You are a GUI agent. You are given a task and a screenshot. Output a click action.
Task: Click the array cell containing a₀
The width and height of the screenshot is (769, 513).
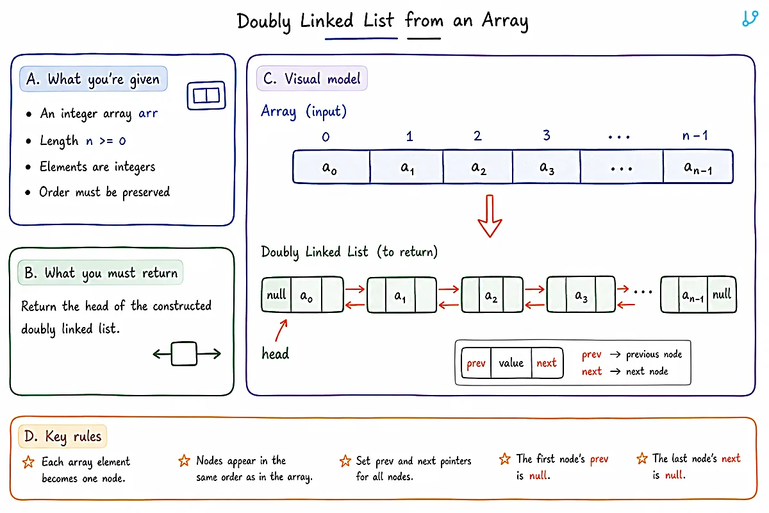pyautogui.click(x=332, y=167)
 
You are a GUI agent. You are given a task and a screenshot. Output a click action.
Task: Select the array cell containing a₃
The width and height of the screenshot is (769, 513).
pyautogui.click(x=546, y=167)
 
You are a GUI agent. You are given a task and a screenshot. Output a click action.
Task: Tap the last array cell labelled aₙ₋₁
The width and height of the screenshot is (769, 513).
pyautogui.click(x=698, y=167)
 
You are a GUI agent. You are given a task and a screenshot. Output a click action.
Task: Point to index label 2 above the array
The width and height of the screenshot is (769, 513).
pyautogui.click(x=477, y=136)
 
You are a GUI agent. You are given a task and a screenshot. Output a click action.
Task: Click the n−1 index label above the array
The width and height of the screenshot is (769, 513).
pyautogui.click(x=695, y=136)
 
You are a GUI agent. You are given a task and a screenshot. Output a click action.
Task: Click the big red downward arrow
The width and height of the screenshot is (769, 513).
pyautogui.click(x=490, y=216)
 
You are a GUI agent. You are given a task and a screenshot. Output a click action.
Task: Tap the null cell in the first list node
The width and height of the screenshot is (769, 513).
pyautogui.click(x=276, y=294)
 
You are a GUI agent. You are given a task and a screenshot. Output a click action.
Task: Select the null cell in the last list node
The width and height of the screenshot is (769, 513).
pyautogui.click(x=722, y=294)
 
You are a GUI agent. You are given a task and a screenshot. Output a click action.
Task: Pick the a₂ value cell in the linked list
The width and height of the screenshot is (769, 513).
pyautogui.click(x=491, y=295)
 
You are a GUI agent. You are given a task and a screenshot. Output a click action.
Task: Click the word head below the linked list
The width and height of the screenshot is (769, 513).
pyautogui.click(x=276, y=353)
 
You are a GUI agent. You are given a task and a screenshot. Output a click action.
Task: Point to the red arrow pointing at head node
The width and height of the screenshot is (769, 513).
pyautogui.click(x=281, y=330)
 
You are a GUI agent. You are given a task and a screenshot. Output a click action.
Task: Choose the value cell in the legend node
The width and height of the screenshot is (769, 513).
pyautogui.click(x=511, y=363)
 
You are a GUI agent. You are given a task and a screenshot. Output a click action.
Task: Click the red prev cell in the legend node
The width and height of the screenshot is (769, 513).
pyautogui.click(x=476, y=363)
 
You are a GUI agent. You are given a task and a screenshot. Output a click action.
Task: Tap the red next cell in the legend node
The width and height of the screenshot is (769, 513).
pyautogui.click(x=547, y=363)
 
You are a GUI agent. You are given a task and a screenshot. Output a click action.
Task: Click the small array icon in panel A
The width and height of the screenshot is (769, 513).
pyautogui.click(x=206, y=96)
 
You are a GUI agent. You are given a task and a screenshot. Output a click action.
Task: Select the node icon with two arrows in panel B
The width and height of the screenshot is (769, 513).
pyautogui.click(x=186, y=353)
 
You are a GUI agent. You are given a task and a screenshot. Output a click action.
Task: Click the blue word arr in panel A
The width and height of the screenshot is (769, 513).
pyautogui.click(x=148, y=113)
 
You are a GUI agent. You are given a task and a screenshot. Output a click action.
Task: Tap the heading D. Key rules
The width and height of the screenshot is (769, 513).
pyautogui.click(x=63, y=437)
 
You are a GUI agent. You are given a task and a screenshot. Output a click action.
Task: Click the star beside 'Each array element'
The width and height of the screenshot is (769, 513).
pyautogui.click(x=28, y=462)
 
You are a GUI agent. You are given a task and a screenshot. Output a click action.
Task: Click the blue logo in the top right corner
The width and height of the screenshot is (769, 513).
pyautogui.click(x=750, y=19)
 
